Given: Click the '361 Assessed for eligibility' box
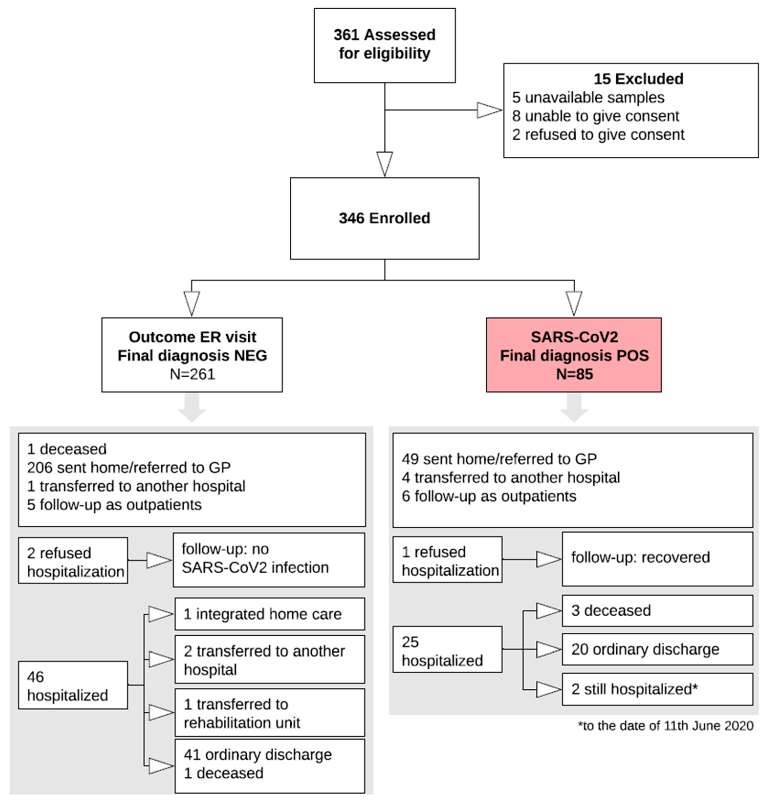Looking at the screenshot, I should [384, 45].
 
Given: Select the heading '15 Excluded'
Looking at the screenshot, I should [638, 78].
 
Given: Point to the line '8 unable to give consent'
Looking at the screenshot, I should [595, 116].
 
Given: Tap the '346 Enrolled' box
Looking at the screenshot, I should [384, 218].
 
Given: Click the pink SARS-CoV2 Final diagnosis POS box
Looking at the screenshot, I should [573, 355].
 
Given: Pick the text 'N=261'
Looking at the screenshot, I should [192, 374].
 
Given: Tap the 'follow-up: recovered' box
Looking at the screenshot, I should [657, 558].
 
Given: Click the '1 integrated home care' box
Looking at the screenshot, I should [270, 614].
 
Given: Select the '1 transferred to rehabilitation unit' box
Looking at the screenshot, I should [270, 713].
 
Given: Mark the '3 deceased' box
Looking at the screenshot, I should [657, 610].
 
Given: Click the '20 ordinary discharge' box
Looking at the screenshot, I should [657, 649].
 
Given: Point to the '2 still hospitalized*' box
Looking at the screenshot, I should [657, 689].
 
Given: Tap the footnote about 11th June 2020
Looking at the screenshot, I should [665, 726].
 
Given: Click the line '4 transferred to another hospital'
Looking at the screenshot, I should [510, 477].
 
